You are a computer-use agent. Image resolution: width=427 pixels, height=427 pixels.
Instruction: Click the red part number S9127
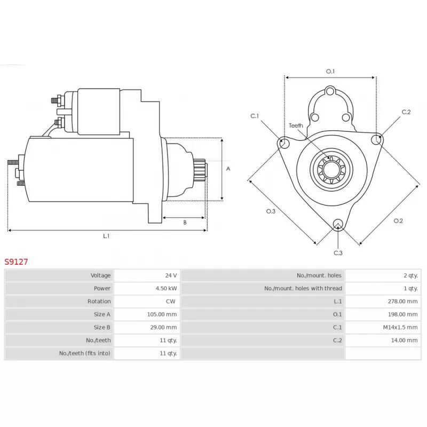point(16,262)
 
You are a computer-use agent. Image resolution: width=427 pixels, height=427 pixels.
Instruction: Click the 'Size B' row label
point(102,327)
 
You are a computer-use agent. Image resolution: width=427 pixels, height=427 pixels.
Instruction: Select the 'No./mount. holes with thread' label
point(303,288)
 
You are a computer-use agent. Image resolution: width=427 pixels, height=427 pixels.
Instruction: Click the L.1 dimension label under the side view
point(106,236)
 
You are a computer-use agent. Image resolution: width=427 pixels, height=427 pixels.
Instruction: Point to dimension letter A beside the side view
point(228,169)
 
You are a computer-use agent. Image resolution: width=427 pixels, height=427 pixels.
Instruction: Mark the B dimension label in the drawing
point(185,223)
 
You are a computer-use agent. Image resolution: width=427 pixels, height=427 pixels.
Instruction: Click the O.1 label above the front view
point(330,72)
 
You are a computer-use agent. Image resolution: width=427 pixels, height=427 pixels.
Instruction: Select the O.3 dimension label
point(271,211)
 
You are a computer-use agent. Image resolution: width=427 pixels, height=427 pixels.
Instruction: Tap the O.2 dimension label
point(398,221)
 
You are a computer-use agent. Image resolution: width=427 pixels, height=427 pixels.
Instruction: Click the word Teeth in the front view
point(296,125)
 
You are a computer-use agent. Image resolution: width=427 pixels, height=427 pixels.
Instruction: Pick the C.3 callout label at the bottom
point(338,252)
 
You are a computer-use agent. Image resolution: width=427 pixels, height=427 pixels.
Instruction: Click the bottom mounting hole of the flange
point(337,224)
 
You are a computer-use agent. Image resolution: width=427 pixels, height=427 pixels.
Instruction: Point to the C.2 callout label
point(406,112)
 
